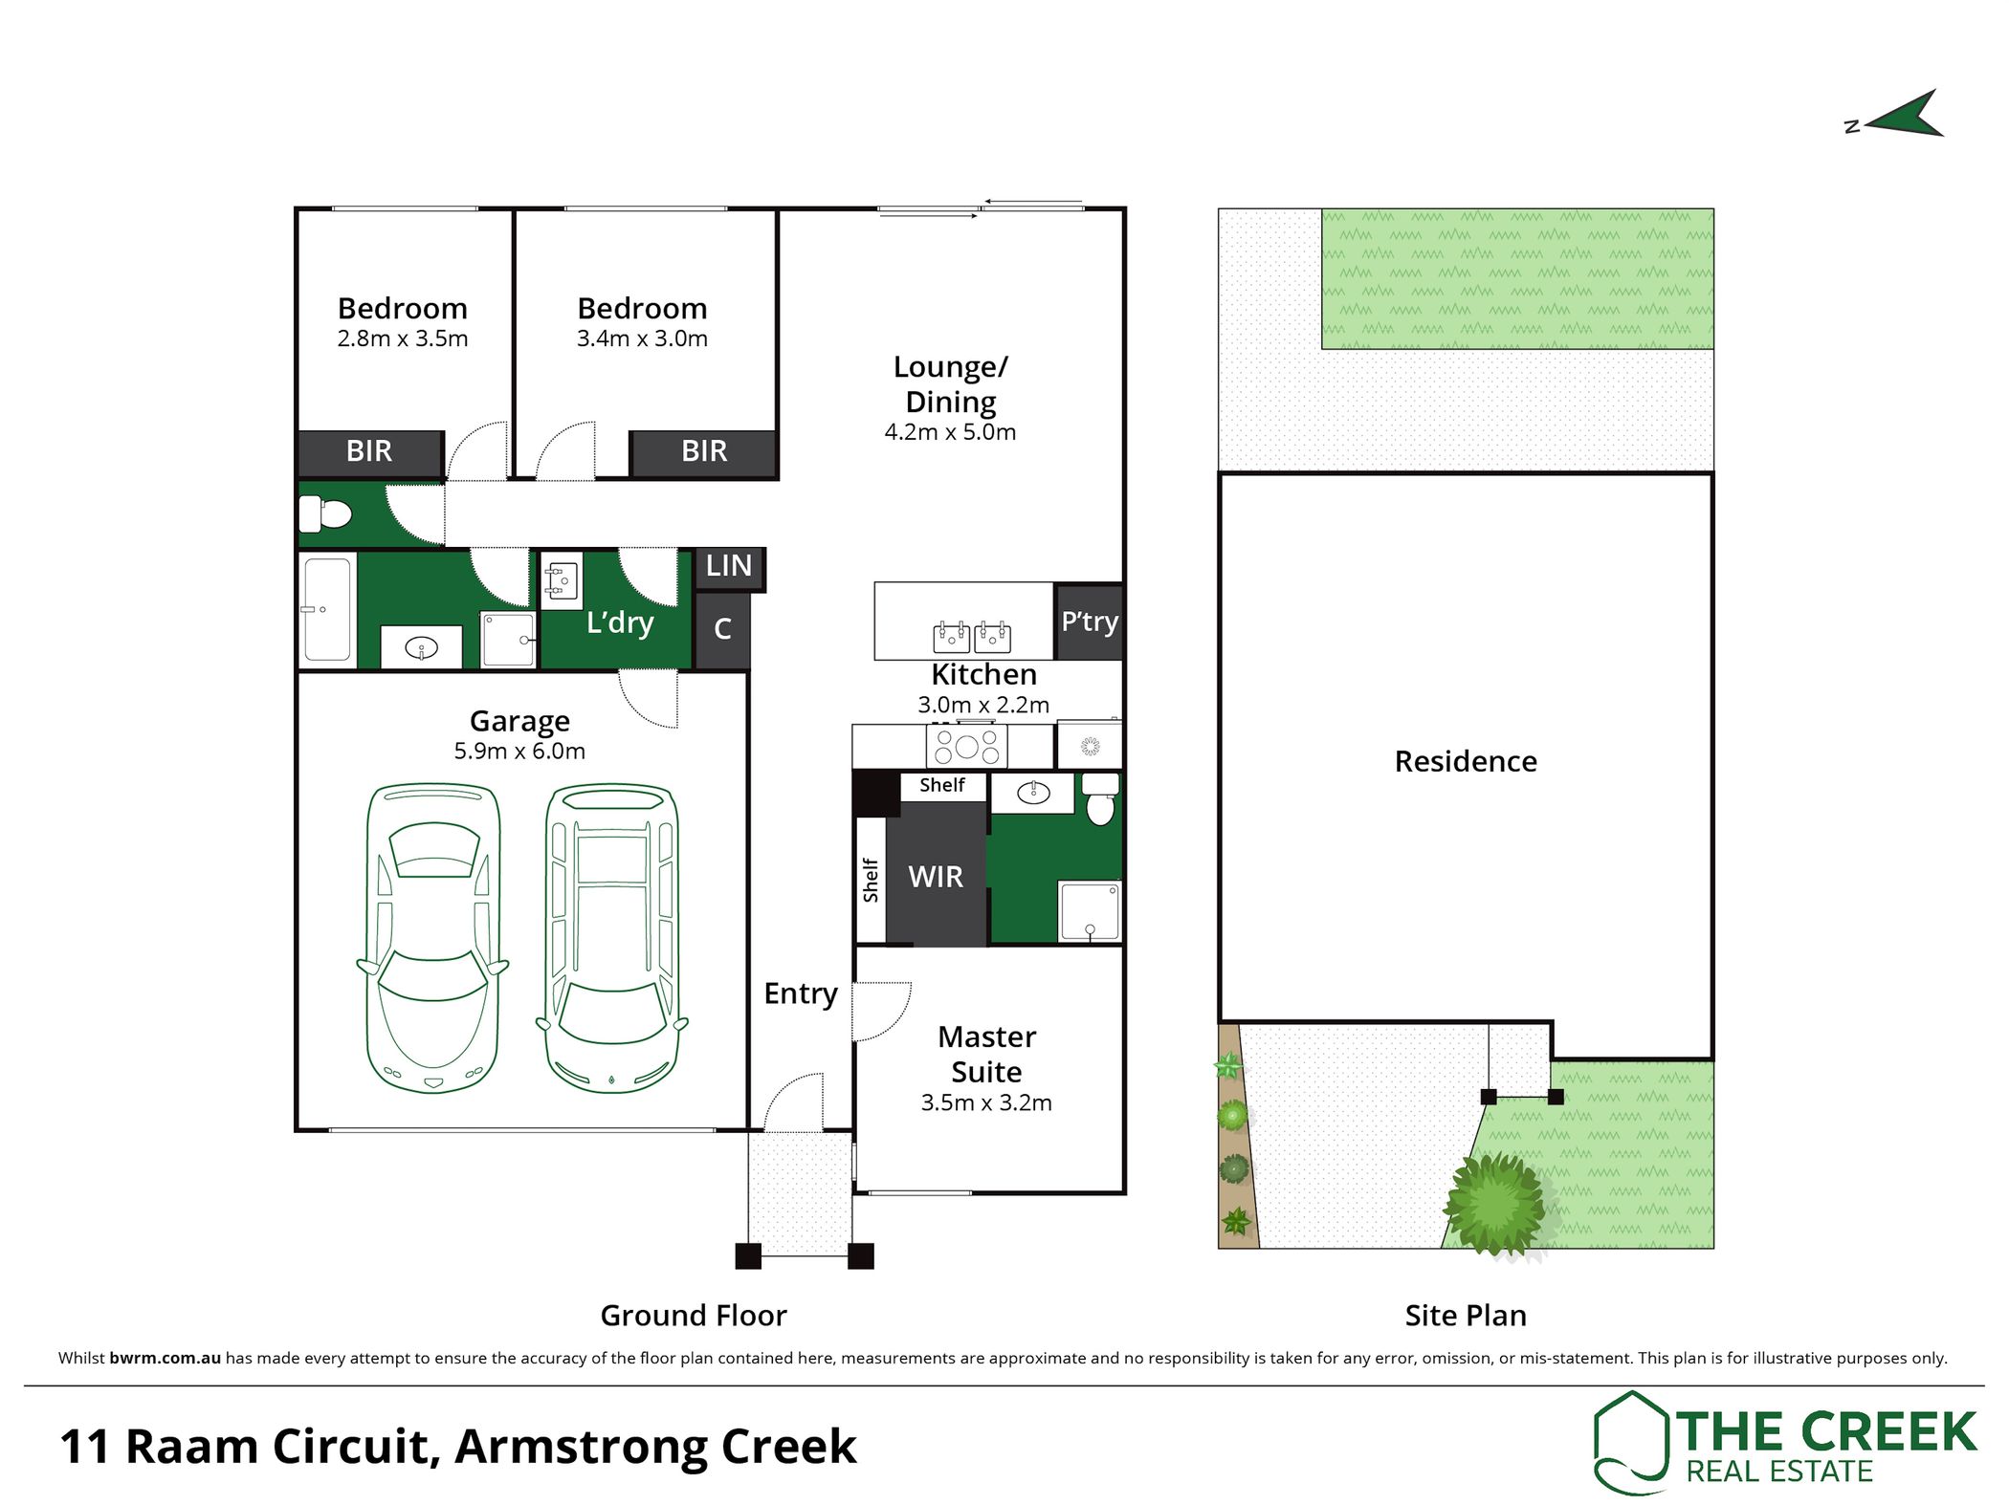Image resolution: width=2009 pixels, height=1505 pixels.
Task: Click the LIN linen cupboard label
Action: (728, 566)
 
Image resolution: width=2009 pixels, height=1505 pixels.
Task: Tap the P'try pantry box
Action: (1089, 622)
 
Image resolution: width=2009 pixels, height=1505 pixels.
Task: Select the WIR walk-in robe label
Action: (936, 877)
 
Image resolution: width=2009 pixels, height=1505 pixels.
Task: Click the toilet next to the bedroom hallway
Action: (325, 514)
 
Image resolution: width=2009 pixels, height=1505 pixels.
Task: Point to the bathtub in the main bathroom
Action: (327, 610)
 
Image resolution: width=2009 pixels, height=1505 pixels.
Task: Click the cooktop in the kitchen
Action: (966, 746)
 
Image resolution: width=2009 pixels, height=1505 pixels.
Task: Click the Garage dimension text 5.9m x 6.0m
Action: (519, 752)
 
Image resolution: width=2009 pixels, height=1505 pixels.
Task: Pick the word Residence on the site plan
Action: (1466, 761)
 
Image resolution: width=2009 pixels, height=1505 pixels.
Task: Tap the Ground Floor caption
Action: (694, 1316)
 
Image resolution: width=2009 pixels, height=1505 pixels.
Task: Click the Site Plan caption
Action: (1466, 1316)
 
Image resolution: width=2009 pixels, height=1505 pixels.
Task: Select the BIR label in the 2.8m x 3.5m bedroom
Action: (369, 451)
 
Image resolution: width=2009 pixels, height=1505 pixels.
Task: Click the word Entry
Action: (801, 994)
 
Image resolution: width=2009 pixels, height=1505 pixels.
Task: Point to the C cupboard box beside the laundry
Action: (722, 629)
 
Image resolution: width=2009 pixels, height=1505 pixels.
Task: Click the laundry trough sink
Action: (562, 581)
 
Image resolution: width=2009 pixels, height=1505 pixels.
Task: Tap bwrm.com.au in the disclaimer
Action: (166, 1358)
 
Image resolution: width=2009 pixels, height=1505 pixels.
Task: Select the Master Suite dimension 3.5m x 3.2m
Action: (986, 1103)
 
